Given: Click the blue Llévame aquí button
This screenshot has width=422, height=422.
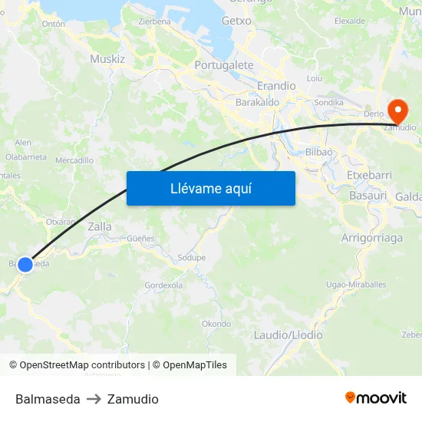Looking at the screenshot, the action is (210, 188).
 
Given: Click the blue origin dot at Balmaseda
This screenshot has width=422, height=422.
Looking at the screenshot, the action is (25, 265).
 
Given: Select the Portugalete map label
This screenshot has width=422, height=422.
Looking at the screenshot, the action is (224, 65).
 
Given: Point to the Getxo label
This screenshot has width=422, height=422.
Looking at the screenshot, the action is (236, 21).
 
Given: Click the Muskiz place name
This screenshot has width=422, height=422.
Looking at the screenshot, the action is (107, 58).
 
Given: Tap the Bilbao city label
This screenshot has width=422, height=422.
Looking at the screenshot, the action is (319, 152).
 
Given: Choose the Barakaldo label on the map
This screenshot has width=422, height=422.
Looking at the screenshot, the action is (257, 101).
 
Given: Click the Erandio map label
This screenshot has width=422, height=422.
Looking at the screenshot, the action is (276, 85).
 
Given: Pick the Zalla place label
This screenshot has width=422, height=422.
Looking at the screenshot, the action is (100, 226).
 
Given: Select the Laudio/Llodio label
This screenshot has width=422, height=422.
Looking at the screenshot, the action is (288, 335).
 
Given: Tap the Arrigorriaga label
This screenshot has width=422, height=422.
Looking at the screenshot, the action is (371, 238).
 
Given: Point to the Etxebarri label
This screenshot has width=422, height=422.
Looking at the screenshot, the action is (369, 175).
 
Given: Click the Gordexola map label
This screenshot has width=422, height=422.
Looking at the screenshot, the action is (163, 285).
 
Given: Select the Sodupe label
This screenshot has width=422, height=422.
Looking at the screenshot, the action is (191, 258).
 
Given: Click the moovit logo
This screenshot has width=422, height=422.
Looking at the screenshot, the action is (375, 398).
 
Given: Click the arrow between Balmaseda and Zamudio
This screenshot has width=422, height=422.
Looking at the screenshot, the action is (94, 399).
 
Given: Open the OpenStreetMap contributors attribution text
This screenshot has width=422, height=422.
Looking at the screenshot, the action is (82, 365).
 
